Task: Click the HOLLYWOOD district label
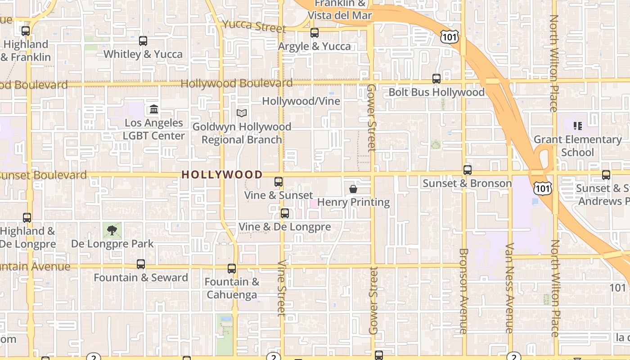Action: click(222, 175)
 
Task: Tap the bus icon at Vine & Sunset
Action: click(279, 182)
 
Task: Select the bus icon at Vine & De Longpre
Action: click(284, 213)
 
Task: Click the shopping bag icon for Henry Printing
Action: click(353, 189)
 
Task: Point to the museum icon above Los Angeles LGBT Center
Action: click(154, 109)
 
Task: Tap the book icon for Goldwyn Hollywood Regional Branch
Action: click(242, 113)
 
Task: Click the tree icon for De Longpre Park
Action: click(112, 230)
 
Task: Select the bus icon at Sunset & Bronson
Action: click(468, 170)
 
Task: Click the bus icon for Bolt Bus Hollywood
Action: click(436, 79)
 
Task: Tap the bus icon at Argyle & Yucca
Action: click(314, 33)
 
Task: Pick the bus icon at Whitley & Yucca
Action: click(143, 41)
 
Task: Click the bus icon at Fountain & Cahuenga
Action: click(232, 269)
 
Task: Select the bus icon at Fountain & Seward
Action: click(141, 264)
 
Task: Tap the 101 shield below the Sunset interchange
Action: click(543, 188)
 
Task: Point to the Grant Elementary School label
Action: click(577, 146)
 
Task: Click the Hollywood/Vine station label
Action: click(301, 101)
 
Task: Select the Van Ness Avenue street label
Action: click(509, 288)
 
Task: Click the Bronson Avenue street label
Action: click(463, 291)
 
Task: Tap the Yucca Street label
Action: click(254, 26)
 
